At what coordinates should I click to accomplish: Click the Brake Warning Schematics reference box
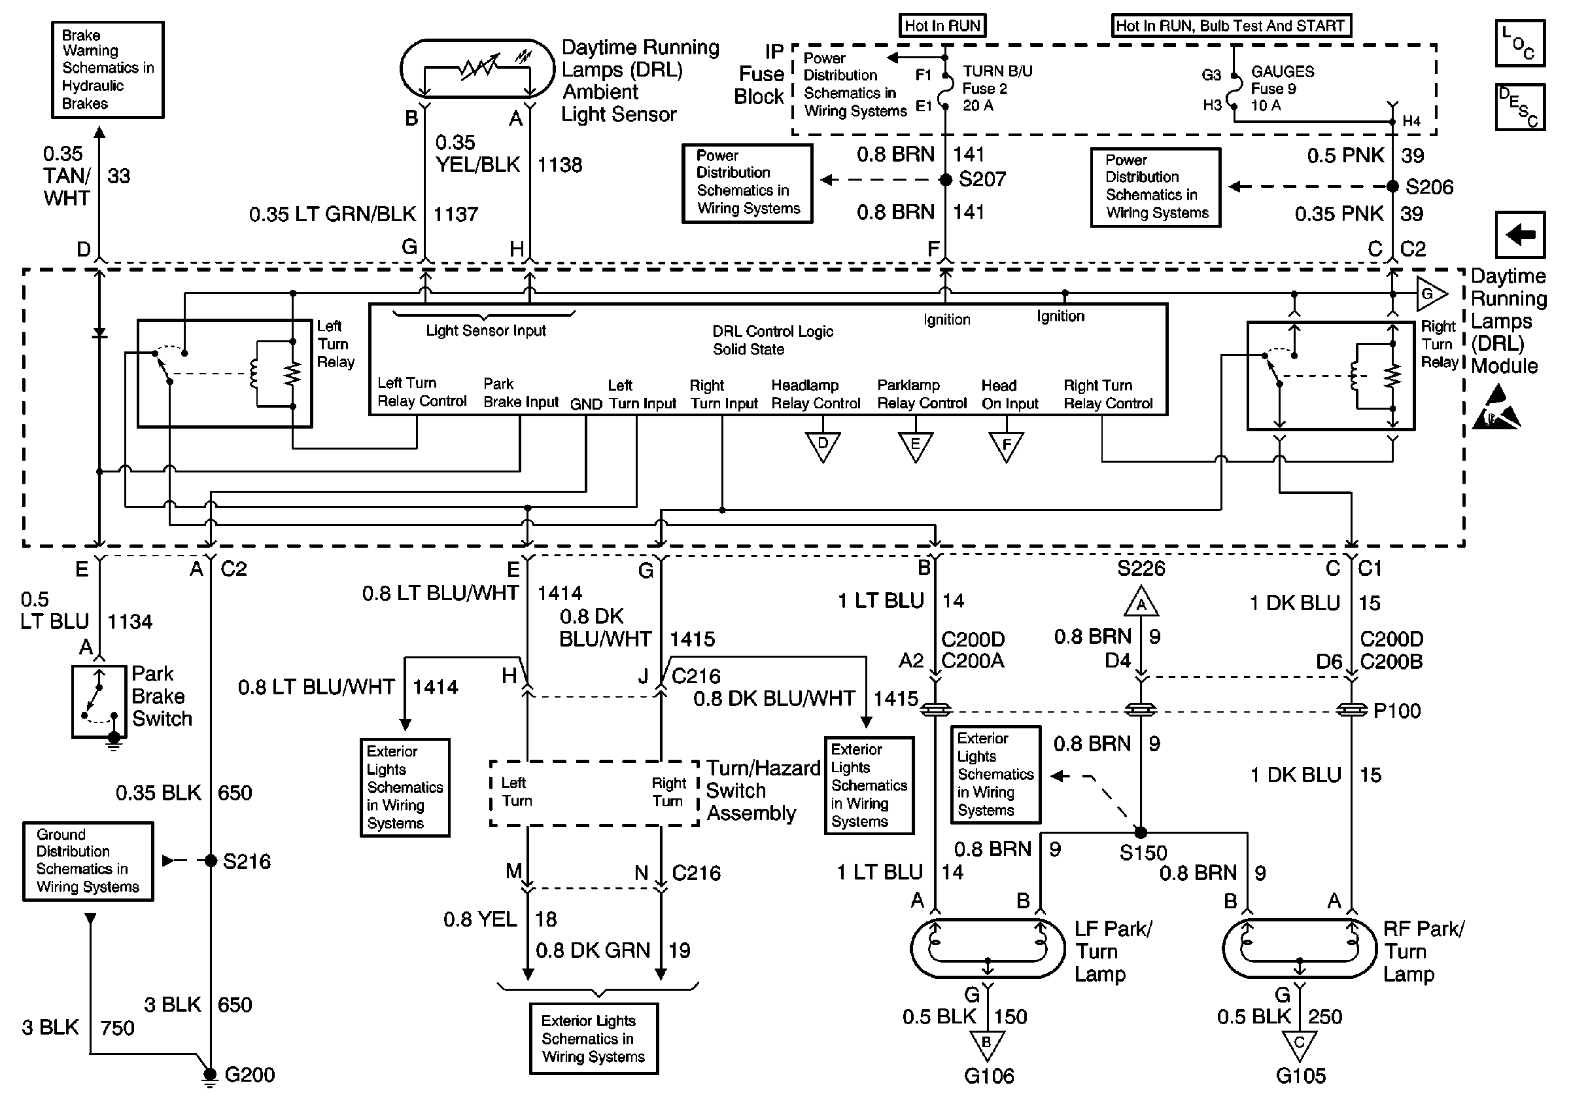(107, 70)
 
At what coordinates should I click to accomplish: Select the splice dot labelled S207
(946, 180)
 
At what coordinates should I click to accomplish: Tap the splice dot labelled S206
(1392, 187)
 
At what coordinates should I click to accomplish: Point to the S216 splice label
(247, 861)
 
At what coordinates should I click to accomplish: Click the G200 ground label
(249, 1075)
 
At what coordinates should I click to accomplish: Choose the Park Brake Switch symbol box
(99, 702)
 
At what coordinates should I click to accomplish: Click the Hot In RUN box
(942, 26)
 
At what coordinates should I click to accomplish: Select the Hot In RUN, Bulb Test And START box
(1231, 26)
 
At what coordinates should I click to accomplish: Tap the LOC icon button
(1520, 43)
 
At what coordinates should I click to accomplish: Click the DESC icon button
(1520, 107)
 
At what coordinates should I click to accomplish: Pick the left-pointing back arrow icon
(1520, 235)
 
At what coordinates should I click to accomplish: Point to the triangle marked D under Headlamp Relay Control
(822, 446)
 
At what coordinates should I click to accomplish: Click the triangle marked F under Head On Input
(1006, 446)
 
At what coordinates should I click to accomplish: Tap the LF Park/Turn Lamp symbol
(988, 949)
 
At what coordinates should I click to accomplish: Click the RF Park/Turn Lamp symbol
(1300, 949)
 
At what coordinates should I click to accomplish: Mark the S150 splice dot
(1141, 832)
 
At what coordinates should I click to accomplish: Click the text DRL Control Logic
(772, 331)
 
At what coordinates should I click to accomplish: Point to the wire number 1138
(559, 165)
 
